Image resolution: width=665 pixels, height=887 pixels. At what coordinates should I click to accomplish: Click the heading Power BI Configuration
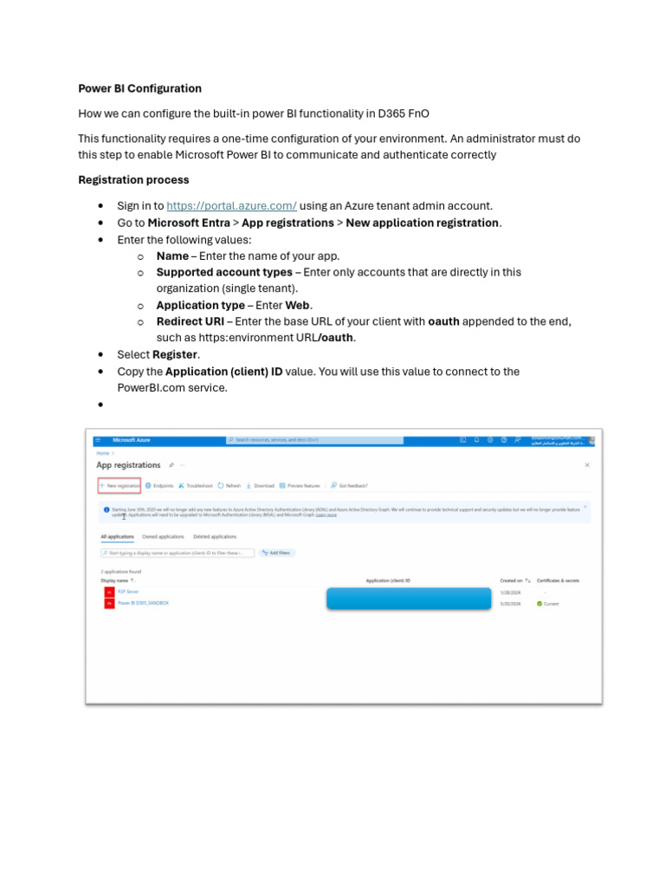click(139, 88)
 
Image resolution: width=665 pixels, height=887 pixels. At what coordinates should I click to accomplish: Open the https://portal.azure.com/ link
click(231, 206)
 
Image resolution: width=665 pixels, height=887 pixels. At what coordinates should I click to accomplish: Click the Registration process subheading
click(133, 180)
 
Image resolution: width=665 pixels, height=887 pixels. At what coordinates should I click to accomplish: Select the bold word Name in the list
click(172, 256)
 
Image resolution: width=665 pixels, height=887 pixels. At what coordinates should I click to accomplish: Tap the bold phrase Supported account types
click(224, 272)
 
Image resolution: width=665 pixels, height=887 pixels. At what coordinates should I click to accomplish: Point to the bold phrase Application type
click(200, 306)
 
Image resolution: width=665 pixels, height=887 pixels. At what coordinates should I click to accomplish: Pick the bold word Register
click(176, 355)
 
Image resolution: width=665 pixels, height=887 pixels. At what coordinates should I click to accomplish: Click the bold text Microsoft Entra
click(188, 223)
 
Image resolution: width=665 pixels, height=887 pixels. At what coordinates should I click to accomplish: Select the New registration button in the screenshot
click(119, 486)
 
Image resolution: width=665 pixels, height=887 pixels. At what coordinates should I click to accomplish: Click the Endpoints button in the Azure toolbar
click(160, 486)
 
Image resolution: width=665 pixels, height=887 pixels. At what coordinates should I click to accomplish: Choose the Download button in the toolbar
click(261, 486)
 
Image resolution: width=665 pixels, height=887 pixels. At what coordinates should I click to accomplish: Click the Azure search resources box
click(315, 440)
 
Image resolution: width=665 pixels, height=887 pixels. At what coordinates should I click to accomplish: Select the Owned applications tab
click(163, 537)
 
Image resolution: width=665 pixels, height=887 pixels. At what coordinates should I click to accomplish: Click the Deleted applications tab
click(214, 537)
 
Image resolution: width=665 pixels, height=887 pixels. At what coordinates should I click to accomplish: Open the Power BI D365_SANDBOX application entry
click(143, 603)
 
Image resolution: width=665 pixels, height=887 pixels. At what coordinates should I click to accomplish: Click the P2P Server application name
click(128, 592)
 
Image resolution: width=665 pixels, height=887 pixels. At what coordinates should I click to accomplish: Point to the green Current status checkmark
click(539, 604)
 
